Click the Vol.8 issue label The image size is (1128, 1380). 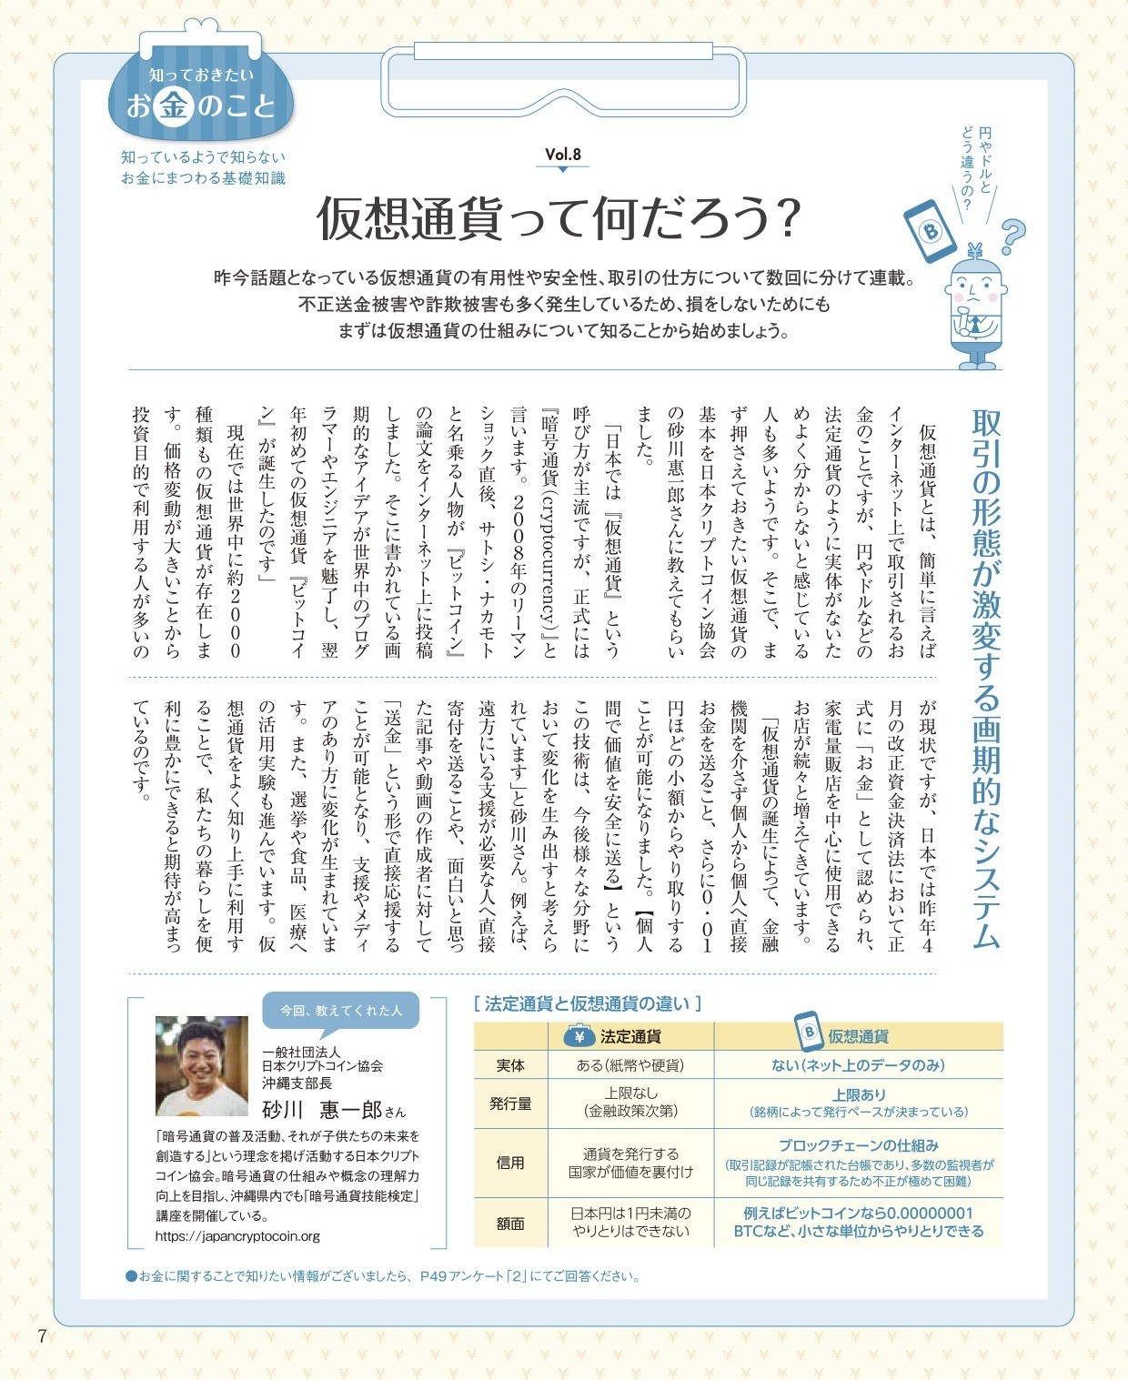[563, 155]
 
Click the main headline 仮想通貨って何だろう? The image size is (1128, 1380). [558, 218]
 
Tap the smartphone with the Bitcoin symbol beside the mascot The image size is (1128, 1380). [930, 232]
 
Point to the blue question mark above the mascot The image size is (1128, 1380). [1012, 237]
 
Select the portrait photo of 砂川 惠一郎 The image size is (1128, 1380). [202, 1065]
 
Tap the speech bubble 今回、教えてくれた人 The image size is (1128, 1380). [340, 1010]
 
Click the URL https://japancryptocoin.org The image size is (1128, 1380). [237, 1236]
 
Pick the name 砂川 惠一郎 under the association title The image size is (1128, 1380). [323, 1110]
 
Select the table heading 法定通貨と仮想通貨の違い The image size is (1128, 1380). [587, 1003]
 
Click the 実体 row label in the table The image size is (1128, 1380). [510, 1065]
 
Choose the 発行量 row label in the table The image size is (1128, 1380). [510, 1103]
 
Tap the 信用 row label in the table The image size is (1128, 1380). [510, 1163]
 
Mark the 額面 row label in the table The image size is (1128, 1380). [510, 1223]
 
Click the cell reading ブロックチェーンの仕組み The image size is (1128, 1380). [858, 1146]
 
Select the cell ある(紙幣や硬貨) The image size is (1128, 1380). [630, 1065]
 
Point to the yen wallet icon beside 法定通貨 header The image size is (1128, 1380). [579, 1035]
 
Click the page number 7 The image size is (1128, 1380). [42, 1335]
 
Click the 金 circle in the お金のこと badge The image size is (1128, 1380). [173, 106]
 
